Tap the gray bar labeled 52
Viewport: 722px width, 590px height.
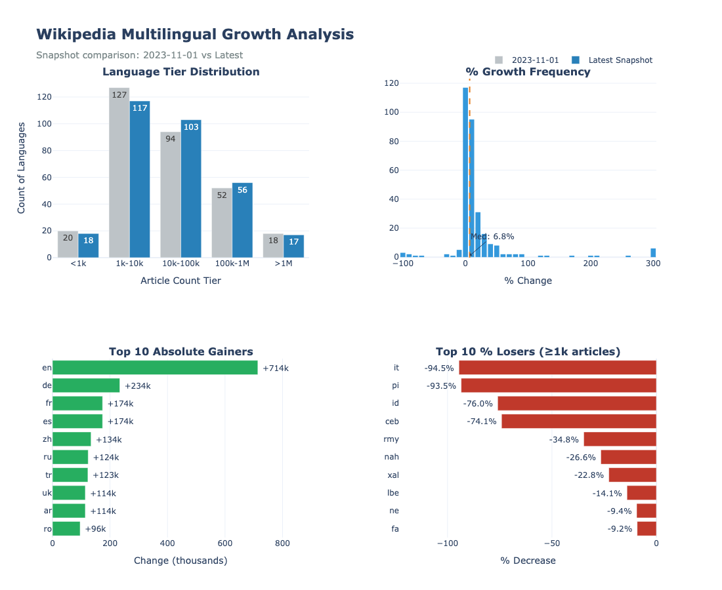click(222, 223)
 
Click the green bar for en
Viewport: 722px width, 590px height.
click(155, 368)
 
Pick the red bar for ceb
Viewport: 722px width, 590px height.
click(579, 421)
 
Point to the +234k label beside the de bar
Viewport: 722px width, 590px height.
click(138, 386)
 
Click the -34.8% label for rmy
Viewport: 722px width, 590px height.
click(564, 439)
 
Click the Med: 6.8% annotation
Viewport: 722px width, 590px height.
click(492, 237)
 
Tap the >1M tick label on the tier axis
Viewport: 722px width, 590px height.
click(284, 264)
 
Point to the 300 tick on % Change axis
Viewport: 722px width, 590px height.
click(652, 264)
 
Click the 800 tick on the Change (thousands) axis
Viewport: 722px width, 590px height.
click(282, 543)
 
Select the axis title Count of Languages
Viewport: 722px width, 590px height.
click(22, 167)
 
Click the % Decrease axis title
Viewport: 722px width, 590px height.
click(528, 560)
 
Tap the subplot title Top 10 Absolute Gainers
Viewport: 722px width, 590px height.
click(180, 352)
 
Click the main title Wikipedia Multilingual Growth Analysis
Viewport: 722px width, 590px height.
click(195, 34)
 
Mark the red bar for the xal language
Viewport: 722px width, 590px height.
click(633, 475)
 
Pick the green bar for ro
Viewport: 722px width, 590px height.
click(66, 528)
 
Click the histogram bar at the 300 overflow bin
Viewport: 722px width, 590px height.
click(653, 252)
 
